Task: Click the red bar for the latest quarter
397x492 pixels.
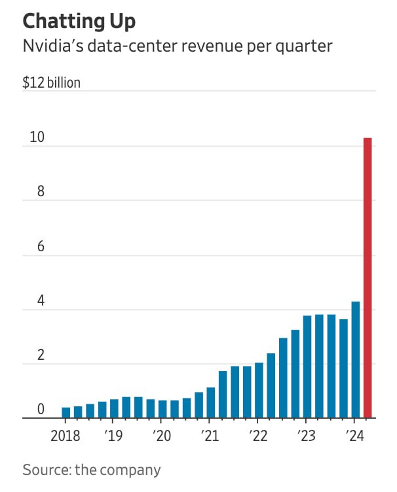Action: [368, 277]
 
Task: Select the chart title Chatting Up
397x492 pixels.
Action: [79, 21]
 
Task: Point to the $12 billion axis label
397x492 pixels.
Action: [52, 84]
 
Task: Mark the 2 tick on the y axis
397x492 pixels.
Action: [40, 356]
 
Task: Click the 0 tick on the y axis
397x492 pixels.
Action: [40, 410]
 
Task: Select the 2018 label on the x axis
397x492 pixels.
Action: [66, 436]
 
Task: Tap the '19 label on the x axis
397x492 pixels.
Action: [113, 436]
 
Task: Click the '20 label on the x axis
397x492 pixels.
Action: [161, 436]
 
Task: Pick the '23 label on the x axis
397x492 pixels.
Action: [306, 436]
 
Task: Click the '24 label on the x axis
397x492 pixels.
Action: [354, 436]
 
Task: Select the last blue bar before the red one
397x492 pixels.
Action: [356, 359]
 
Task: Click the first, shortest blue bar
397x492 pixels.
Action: [66, 412]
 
